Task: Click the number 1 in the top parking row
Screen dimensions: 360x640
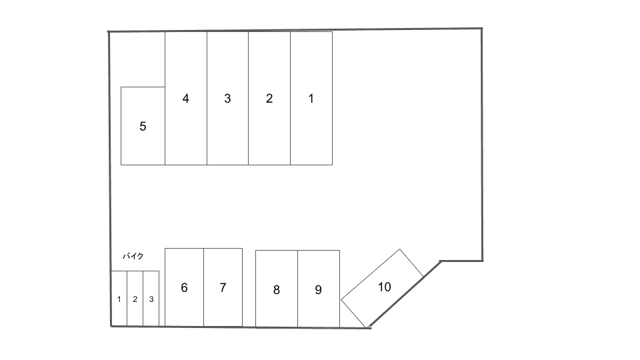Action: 311,99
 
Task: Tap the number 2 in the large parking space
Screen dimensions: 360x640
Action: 269,99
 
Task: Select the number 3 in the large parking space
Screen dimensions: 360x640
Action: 227,99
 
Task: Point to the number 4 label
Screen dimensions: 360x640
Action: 185,99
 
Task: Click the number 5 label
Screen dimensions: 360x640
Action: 143,126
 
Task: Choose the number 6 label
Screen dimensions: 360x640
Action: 184,288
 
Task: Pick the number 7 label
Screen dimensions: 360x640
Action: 223,288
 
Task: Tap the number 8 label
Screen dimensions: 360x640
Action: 276,290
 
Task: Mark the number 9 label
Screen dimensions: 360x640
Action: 318,290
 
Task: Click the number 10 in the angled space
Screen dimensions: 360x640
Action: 384,287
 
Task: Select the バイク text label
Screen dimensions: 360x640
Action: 133,256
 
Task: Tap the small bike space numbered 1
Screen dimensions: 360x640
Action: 119,299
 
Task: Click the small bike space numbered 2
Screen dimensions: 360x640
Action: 135,299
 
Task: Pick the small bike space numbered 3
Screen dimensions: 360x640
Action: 151,299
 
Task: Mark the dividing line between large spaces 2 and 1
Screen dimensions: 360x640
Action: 290,133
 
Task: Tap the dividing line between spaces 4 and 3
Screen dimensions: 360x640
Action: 207,133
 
